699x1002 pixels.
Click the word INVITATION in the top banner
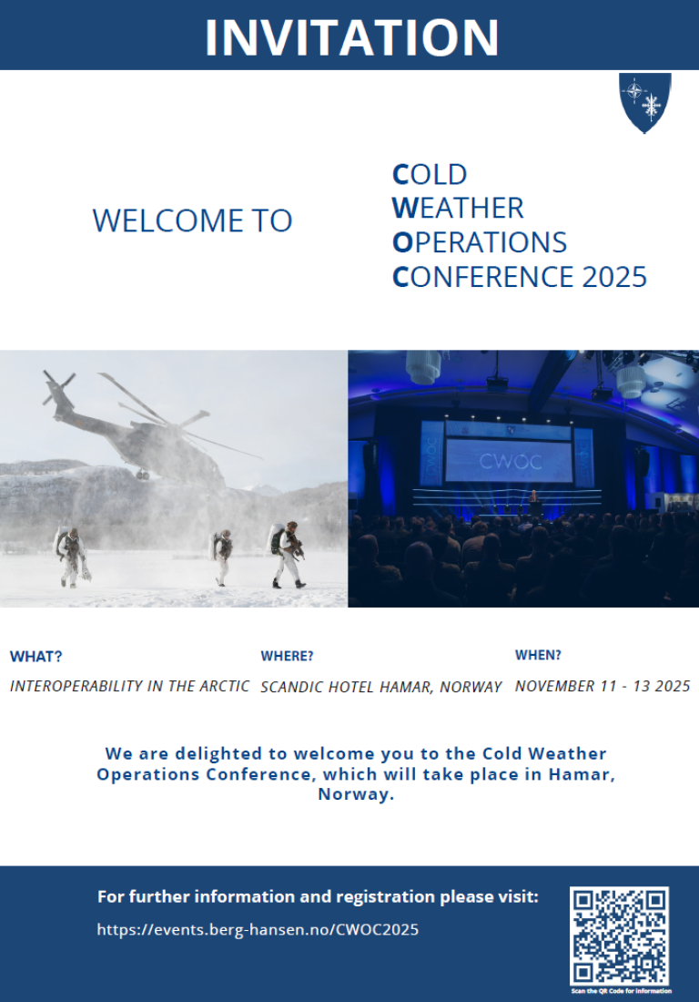(351, 37)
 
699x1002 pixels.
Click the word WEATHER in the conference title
(458, 208)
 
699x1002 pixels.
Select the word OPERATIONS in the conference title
(480, 242)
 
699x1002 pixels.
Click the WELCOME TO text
(192, 220)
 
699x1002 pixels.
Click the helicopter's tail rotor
(57, 385)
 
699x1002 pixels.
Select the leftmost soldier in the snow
(72, 556)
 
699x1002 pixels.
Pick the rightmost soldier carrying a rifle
(288, 554)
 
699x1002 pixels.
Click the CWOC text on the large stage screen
(510, 461)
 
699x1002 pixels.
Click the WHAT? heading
(35, 656)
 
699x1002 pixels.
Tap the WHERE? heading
(287, 656)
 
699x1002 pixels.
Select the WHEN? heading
(538, 655)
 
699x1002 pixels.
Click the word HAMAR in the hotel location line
(407, 687)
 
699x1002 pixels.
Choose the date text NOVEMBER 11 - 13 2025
(603, 686)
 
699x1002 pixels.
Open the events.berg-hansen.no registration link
(258, 929)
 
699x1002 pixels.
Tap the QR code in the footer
(619, 936)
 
